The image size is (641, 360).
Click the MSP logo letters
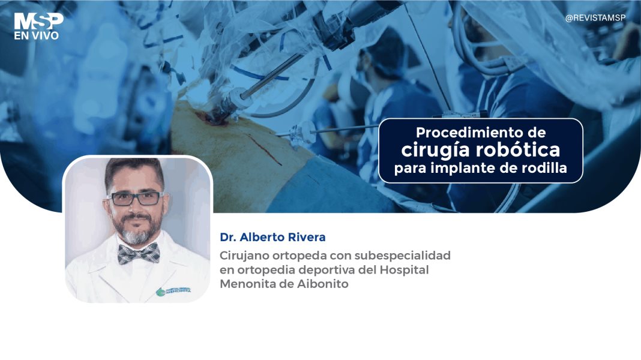[x=38, y=21]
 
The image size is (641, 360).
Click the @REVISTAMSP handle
[x=595, y=18]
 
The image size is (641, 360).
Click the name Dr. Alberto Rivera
[x=273, y=238]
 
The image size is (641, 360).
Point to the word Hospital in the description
[x=405, y=270]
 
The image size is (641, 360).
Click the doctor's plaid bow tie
[x=138, y=253]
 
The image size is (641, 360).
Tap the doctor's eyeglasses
[x=136, y=198]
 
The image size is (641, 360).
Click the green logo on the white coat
[x=161, y=292]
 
